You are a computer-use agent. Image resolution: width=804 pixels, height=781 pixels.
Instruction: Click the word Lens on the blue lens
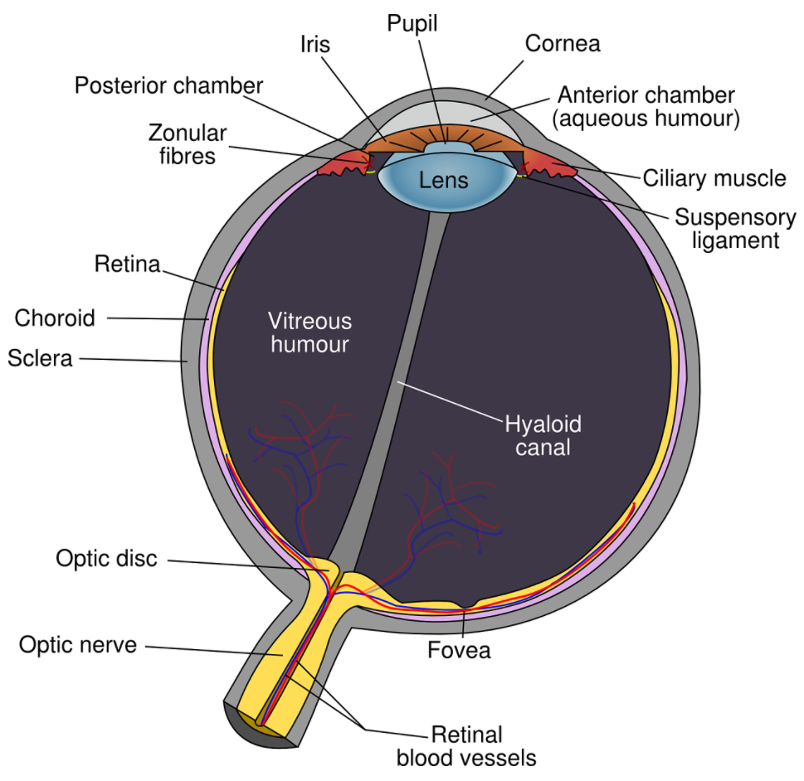(x=443, y=180)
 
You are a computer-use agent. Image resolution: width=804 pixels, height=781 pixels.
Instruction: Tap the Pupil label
(x=412, y=23)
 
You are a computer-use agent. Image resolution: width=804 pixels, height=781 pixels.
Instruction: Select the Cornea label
(x=563, y=43)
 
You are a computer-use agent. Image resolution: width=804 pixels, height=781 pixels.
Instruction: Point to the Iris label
(x=314, y=45)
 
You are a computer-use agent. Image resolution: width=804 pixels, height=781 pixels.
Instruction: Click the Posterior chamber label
(x=169, y=85)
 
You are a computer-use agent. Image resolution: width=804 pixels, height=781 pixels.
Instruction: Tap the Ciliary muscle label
(x=714, y=177)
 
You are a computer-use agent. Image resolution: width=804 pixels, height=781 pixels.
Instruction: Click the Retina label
(x=127, y=265)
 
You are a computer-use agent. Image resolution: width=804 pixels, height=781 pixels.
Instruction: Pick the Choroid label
(x=55, y=318)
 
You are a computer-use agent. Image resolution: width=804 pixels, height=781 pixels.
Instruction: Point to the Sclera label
(x=40, y=358)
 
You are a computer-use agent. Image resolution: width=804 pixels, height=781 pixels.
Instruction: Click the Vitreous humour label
(x=309, y=332)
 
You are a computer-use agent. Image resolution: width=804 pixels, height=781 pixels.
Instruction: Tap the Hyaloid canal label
(x=543, y=436)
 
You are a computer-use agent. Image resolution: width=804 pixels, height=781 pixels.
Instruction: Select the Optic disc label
(x=106, y=558)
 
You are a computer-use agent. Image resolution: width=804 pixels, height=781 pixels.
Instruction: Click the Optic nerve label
(x=78, y=644)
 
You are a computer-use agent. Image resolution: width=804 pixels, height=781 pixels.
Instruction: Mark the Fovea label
(x=459, y=650)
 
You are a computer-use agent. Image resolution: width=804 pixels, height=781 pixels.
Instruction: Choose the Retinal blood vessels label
(x=466, y=745)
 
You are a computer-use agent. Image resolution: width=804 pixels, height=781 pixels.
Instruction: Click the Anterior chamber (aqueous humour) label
(x=646, y=106)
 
